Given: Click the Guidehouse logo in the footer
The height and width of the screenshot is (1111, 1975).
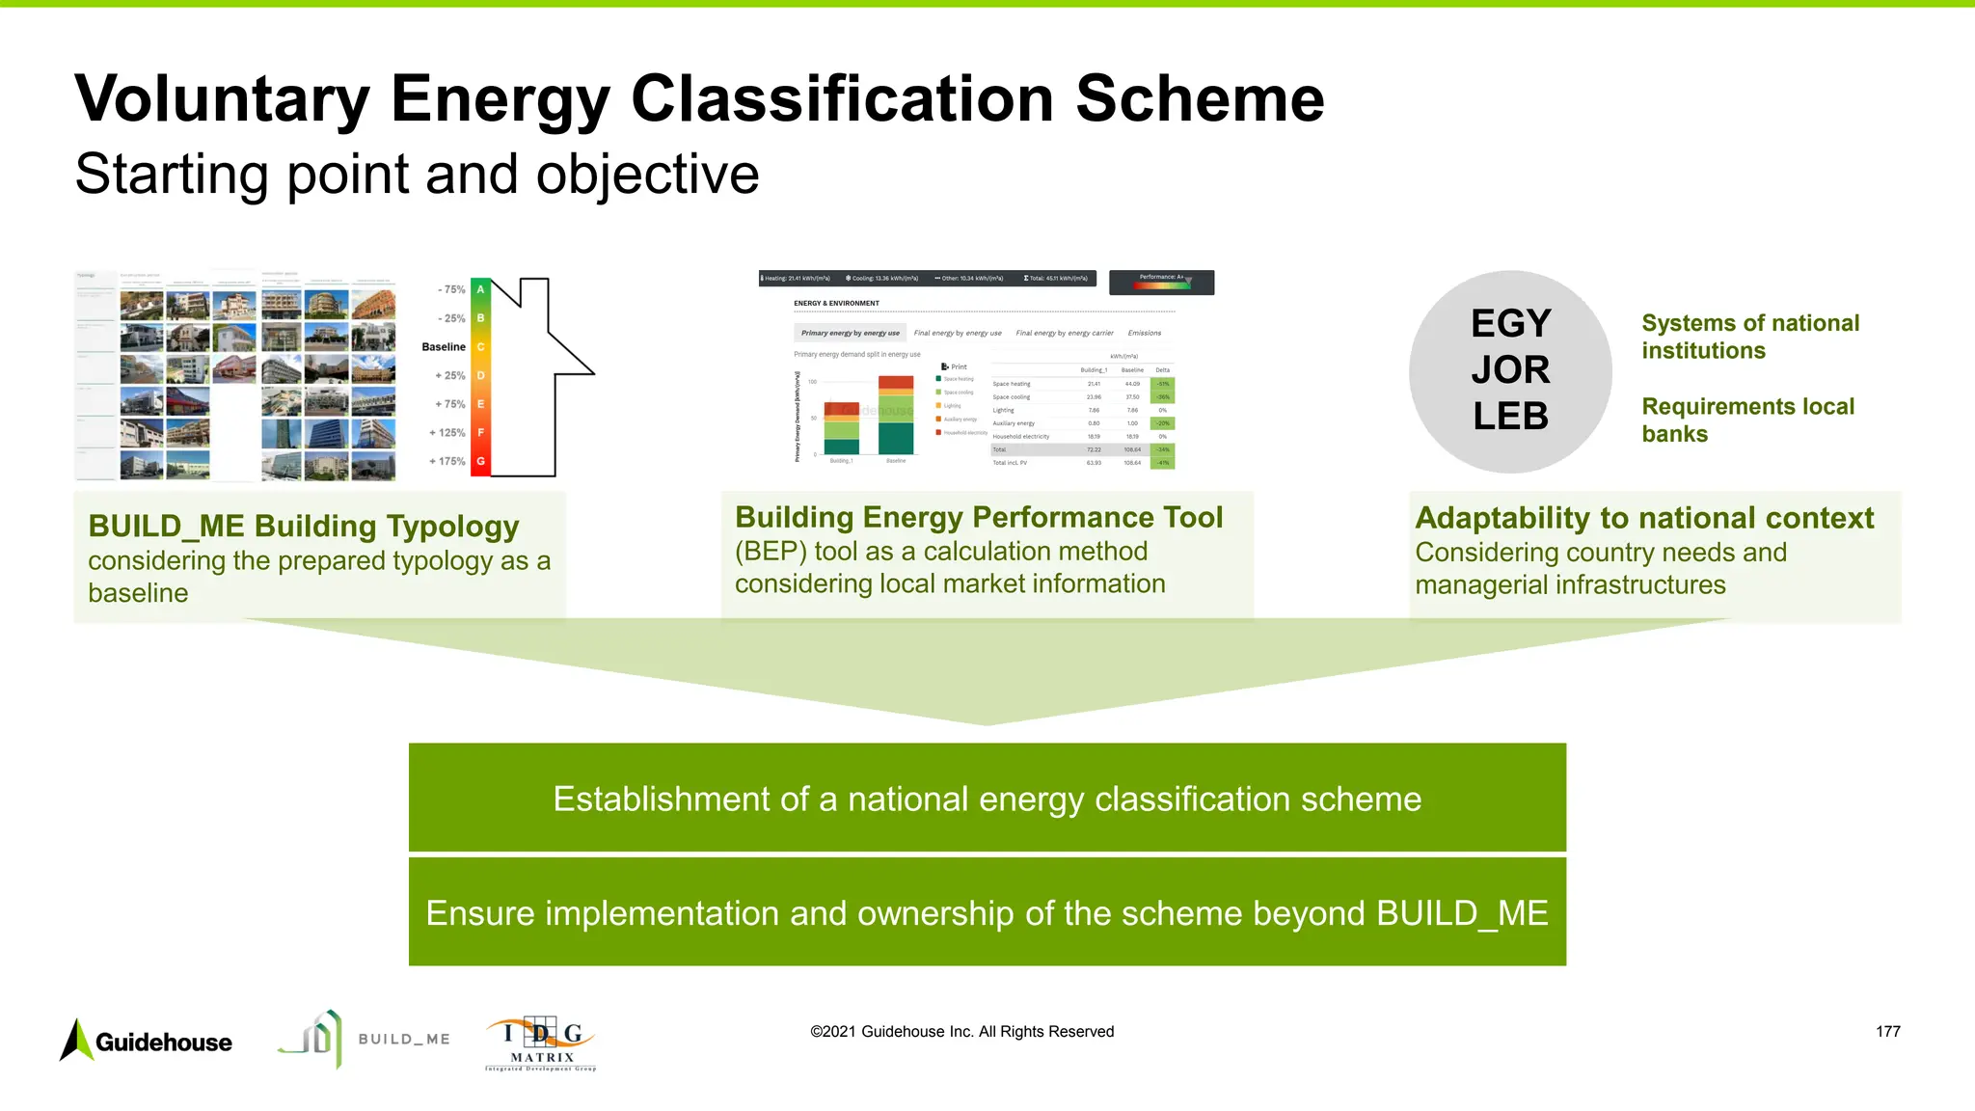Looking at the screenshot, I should point(147,1041).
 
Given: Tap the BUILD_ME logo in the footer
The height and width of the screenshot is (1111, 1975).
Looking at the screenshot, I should point(364,1039).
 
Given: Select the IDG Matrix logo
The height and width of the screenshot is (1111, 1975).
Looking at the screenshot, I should point(541,1043).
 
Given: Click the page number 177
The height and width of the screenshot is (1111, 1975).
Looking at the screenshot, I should point(1887,1031).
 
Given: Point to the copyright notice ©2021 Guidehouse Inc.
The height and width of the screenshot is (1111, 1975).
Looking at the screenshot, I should point(961,1031).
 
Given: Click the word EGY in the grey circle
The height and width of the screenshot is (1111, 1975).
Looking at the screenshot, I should point(1510,323).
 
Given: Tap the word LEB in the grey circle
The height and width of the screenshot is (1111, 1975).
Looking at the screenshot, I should point(1510,416).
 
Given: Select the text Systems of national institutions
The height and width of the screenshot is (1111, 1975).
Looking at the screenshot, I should point(1749,337).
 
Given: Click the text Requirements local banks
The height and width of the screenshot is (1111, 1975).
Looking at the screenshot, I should point(1747,420).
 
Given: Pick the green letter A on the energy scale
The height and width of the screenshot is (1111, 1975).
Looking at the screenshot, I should point(480,289).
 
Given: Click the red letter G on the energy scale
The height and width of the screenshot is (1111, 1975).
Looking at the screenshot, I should point(480,461).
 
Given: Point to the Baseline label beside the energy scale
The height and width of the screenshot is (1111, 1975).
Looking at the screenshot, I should point(444,346).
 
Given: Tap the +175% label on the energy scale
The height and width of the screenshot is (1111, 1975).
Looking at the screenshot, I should point(447,461).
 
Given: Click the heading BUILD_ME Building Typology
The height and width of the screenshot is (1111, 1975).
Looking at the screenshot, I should point(303,526).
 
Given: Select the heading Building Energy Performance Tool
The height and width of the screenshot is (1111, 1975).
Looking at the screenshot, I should point(978,517).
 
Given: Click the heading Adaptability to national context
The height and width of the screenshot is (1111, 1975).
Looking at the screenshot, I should point(1643,518).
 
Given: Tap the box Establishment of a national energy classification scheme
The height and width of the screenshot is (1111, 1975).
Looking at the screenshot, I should point(987,798).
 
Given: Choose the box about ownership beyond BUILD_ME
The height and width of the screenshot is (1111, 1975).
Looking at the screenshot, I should point(987,912).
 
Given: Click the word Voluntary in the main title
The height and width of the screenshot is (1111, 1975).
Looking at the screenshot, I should point(222,98).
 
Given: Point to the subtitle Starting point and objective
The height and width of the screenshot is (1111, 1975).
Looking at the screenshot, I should point(417,174).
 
